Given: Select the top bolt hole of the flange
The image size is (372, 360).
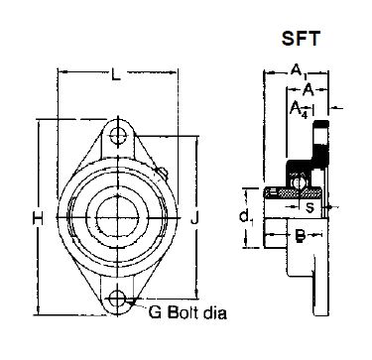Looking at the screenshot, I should coord(119,132).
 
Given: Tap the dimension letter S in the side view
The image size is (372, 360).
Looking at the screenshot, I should coord(310,209).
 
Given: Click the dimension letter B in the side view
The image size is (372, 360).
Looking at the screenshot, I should coord(298,236).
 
